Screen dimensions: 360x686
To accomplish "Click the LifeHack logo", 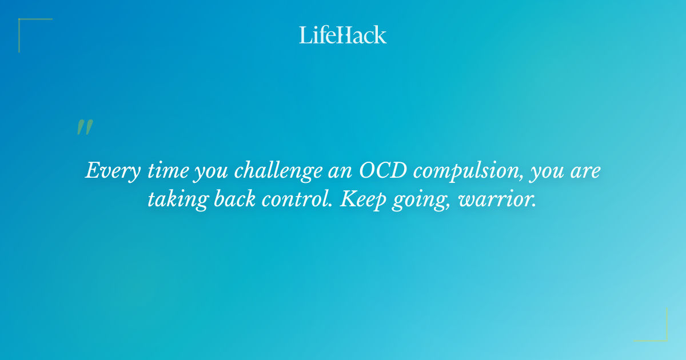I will [343, 35].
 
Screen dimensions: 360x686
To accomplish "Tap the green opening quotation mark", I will [85, 127].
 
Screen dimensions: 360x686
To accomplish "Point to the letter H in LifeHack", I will [341, 35].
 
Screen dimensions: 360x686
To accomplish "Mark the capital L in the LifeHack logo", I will [305, 35].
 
